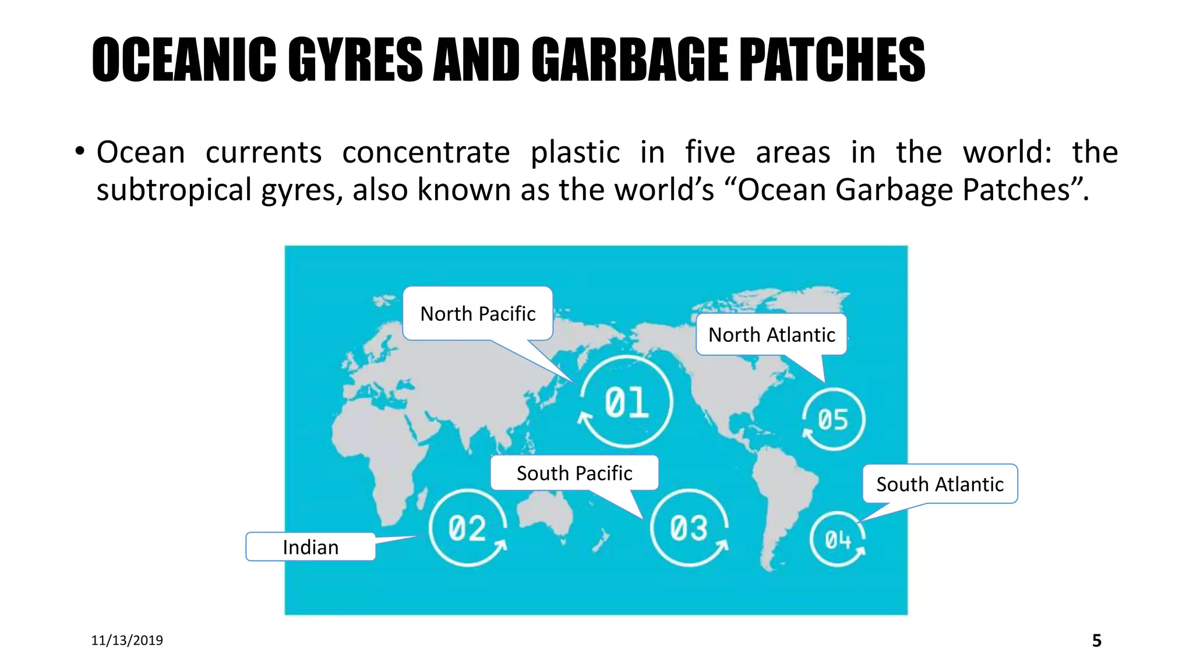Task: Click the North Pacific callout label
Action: point(478,314)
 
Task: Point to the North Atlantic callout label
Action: point(771,335)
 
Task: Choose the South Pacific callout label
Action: point(574,473)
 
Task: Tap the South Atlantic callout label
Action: point(940,484)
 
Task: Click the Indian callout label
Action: point(310,547)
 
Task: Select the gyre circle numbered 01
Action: point(627,402)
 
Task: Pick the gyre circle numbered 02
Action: point(467,528)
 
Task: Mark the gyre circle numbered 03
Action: point(689,528)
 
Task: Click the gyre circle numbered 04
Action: point(838,539)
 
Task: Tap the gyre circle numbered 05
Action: point(833,419)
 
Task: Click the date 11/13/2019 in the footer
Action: point(127,640)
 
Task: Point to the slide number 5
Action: point(1096,641)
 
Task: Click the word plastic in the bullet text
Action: point(575,153)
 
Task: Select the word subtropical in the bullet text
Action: point(174,190)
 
